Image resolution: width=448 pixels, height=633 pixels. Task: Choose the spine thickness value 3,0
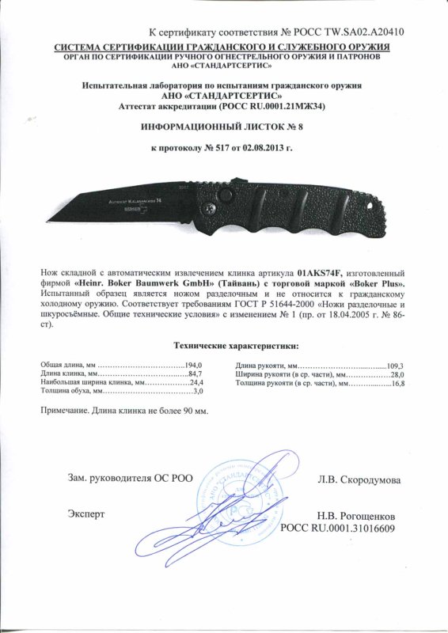[x=199, y=392]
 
